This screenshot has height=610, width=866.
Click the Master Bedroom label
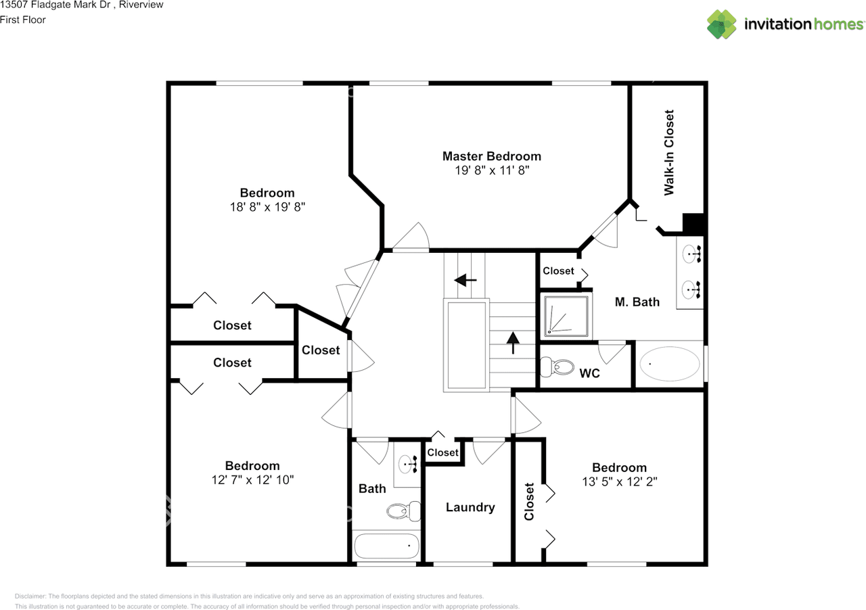pos(491,156)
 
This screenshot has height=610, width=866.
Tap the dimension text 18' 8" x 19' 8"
pos(267,208)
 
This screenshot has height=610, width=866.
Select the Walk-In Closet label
pos(669,153)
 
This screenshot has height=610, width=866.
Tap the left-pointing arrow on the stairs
pos(465,279)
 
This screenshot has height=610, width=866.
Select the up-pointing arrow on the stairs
pos(512,342)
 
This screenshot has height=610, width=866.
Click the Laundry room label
pos(470,507)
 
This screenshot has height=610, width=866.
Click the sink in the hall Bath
pos(408,463)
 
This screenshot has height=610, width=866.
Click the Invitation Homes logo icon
pos(722,24)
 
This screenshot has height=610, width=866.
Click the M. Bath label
pos(637,302)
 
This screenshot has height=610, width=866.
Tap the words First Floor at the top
pos(23,20)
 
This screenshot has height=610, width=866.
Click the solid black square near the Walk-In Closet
pos(694,224)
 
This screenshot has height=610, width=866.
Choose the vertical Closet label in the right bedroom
pos(529,501)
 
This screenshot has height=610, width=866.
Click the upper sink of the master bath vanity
pos(691,254)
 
